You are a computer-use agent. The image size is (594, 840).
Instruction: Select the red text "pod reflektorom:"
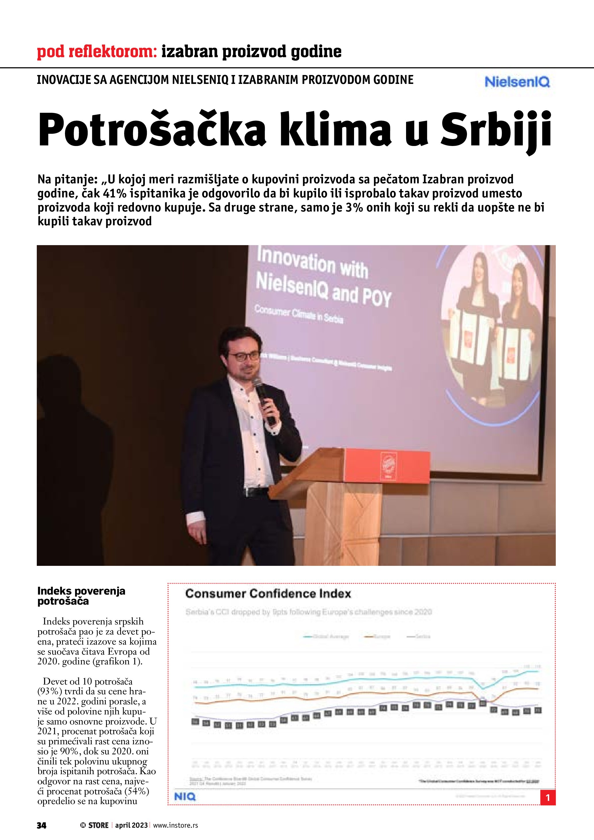pos(97,52)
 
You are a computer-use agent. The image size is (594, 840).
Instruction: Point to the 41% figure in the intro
pos(114,193)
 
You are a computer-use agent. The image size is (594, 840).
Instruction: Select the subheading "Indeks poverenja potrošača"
pos(81,596)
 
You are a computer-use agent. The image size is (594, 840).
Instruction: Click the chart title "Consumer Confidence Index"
pos(268,593)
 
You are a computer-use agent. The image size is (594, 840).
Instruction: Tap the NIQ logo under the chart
pos(185,797)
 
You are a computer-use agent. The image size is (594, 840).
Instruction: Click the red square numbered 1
pos(547,797)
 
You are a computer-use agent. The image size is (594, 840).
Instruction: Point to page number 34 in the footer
pos(42,825)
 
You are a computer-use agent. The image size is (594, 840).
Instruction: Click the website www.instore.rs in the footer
pos(175,825)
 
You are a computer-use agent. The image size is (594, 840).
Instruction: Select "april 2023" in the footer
pos(131,825)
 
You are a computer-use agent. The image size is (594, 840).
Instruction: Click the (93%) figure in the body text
pos(50,691)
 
